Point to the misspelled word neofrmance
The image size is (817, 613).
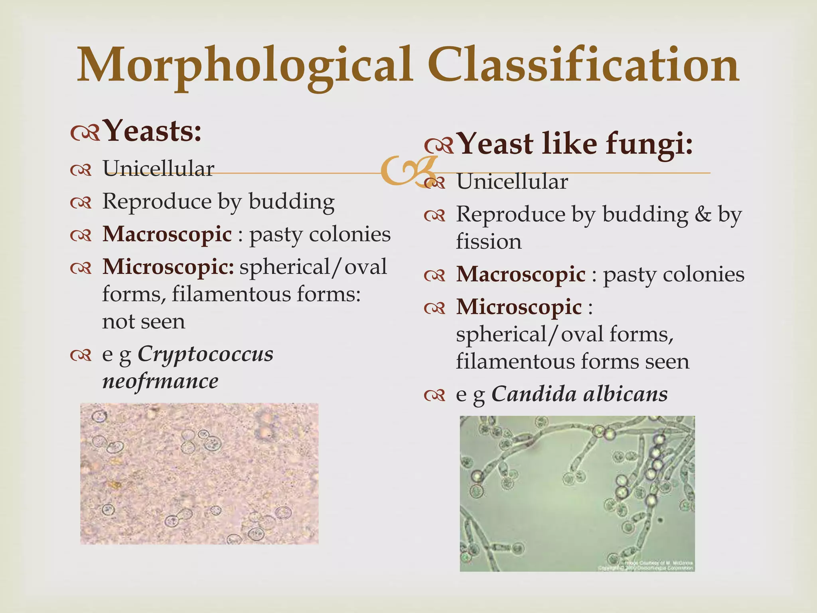pos(160,381)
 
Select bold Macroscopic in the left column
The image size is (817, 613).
pos(167,234)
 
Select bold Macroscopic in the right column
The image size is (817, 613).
pos(521,275)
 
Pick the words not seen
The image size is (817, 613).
pos(144,322)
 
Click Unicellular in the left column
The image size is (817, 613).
pos(158,169)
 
